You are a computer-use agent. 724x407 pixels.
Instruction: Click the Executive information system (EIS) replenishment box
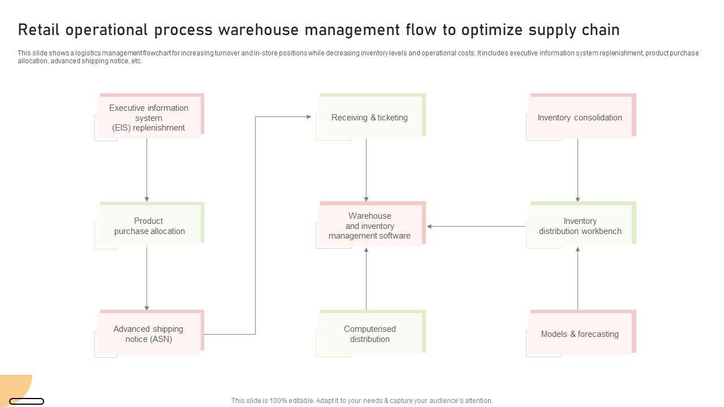(149, 118)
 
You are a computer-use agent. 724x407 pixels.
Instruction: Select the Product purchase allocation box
(149, 226)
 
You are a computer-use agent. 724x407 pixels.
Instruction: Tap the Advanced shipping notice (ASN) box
(149, 334)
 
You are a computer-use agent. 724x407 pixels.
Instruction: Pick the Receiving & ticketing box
(369, 118)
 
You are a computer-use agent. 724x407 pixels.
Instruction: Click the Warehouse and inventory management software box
(369, 226)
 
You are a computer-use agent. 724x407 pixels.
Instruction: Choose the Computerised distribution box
(369, 334)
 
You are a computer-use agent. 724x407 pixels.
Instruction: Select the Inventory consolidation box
(580, 118)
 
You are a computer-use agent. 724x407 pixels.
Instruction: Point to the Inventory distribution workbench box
(580, 226)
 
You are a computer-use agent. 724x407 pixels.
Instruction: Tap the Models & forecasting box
(580, 334)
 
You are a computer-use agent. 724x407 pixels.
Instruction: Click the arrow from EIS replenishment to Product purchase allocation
(146, 170)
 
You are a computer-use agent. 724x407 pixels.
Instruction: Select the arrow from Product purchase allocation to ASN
(146, 278)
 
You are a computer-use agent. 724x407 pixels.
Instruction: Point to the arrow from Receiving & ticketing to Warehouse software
(366, 170)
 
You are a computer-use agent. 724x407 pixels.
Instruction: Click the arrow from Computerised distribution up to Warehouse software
(366, 279)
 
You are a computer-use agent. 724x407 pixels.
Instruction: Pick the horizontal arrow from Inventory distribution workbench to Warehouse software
(476, 227)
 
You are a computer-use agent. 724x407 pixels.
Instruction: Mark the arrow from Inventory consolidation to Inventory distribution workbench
(578, 170)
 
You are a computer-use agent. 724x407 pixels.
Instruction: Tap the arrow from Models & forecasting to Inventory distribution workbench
(578, 279)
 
